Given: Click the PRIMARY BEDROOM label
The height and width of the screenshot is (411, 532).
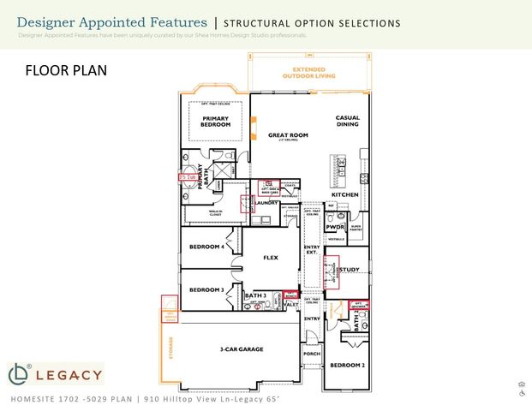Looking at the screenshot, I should click(216, 121).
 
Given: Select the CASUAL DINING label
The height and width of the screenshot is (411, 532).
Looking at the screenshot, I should click(348, 121).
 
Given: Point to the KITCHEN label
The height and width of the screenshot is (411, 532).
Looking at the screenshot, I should click(345, 195).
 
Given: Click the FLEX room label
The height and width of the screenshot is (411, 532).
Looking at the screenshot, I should click(270, 257).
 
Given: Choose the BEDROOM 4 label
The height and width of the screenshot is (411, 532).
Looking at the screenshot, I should click(206, 247).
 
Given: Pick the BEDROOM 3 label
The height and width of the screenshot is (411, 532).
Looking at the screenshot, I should click(206, 289).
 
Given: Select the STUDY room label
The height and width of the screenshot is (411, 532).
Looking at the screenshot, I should click(349, 270).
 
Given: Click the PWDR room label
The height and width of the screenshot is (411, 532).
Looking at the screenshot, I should click(337, 227).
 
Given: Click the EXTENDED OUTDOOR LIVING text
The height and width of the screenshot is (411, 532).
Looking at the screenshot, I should click(309, 73).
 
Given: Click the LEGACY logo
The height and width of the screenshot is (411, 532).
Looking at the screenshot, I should click(56, 374).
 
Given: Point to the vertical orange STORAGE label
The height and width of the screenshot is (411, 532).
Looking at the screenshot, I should click(170, 348).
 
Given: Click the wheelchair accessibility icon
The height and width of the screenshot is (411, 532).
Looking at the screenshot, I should click(522, 394).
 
